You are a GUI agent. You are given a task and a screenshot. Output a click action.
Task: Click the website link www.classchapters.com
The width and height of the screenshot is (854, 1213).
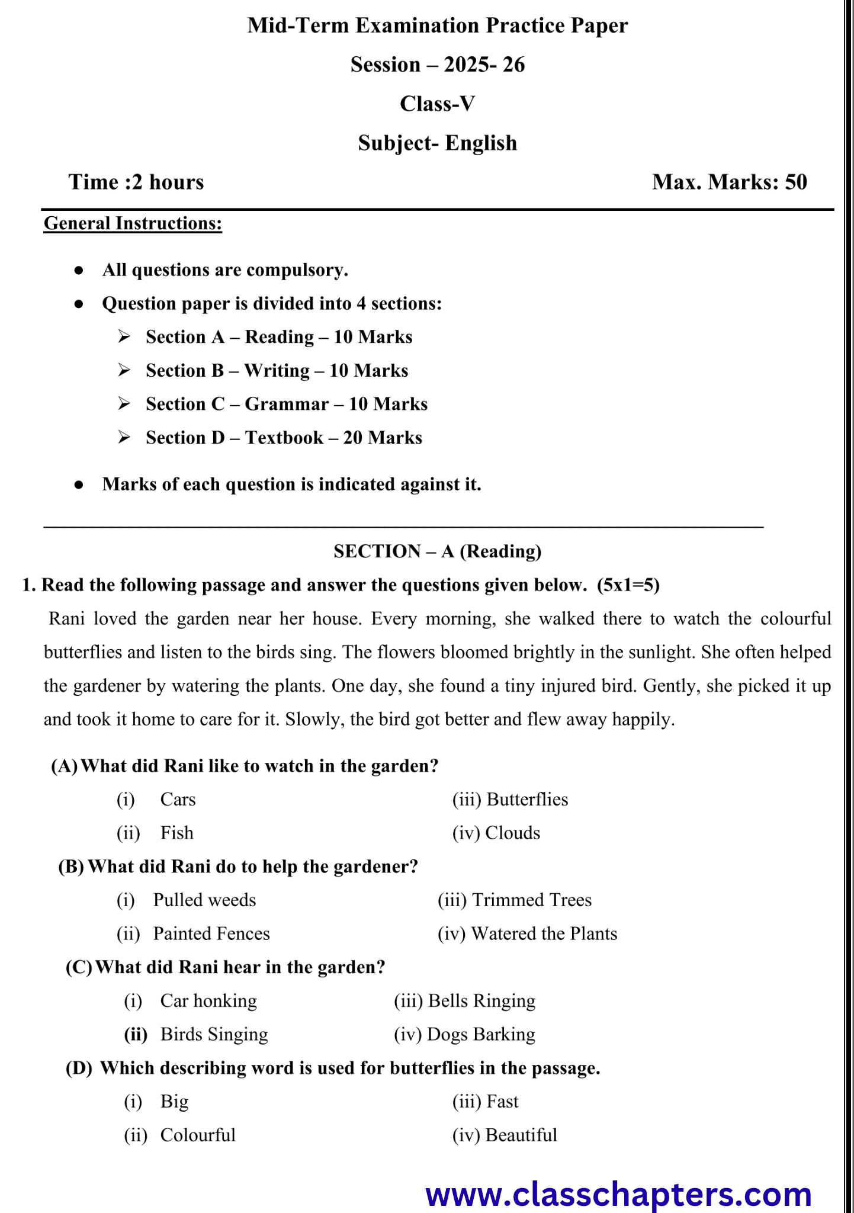coord(618,1193)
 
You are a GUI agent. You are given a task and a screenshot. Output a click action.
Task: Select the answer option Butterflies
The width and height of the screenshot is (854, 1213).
coord(526,800)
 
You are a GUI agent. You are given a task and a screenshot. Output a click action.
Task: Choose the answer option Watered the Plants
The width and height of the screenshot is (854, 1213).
coord(544,934)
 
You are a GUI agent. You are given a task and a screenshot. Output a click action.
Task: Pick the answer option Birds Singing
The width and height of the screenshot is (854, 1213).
coord(214,1035)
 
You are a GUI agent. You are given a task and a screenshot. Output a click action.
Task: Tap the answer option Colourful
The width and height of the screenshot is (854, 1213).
coord(198,1135)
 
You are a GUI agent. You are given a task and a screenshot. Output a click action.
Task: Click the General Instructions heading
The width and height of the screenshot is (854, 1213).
coord(133,224)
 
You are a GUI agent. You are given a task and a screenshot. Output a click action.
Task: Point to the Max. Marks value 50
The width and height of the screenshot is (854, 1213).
coord(796,182)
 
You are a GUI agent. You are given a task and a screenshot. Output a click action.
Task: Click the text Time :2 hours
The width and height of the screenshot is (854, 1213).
coord(136,182)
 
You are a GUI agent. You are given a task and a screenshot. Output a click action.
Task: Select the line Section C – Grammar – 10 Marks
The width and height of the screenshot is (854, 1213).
coord(287,405)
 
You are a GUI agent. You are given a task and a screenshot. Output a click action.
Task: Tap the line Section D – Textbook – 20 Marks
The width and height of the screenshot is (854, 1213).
coord(284,438)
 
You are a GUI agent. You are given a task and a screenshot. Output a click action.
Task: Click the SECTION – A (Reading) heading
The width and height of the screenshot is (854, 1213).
coord(437,552)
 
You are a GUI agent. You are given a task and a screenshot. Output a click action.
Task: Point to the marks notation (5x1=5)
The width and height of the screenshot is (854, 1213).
coord(628,586)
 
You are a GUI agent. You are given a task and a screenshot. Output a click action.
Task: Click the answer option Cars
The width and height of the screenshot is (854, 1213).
coord(178,800)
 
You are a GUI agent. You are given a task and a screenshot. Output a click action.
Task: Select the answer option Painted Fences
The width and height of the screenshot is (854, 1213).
coord(211,934)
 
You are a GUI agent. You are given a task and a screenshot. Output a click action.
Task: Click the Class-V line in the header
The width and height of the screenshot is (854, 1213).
coord(437,104)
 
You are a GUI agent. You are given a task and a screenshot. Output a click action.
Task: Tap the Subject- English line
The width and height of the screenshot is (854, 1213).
coord(437,143)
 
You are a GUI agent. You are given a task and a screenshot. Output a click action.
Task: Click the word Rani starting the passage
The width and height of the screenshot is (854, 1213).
coord(66,619)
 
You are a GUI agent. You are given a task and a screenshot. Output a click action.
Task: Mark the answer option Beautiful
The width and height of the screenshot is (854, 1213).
coord(521,1135)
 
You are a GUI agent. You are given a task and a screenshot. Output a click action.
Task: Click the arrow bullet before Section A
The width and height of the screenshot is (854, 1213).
coord(124,337)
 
